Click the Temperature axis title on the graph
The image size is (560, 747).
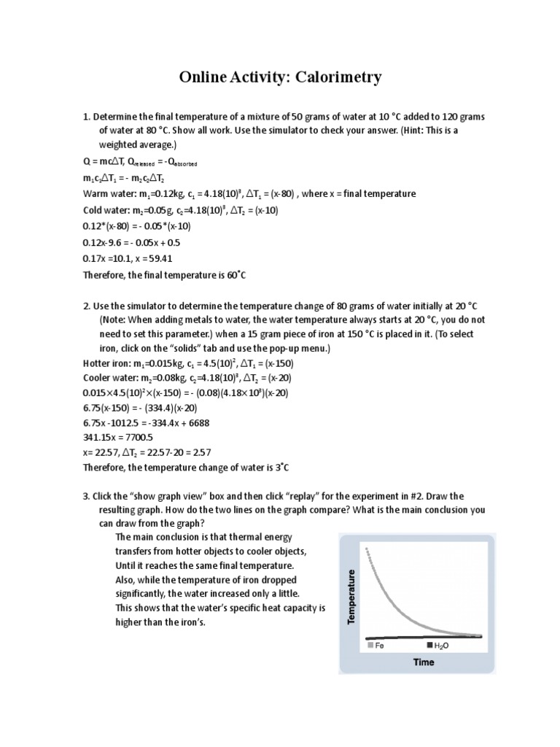351,596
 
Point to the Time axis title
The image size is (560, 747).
424,662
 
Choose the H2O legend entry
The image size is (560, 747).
437,646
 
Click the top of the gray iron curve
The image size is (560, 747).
365,547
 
